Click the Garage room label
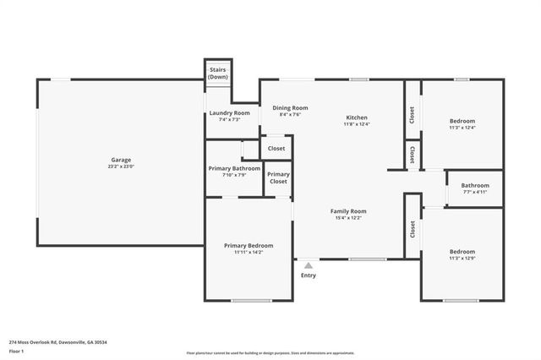click(121, 160)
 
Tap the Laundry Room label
click(230, 112)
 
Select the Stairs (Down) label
click(218, 73)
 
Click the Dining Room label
click(290, 108)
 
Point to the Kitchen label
click(356, 117)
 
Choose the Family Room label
click(347, 211)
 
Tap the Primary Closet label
click(278, 177)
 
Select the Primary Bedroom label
click(249, 246)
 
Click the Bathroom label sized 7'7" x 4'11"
click(475, 186)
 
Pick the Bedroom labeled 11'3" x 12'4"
click(462, 121)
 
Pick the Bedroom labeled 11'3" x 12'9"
click(462, 252)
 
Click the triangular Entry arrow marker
click(308, 265)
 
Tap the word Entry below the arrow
click(309, 275)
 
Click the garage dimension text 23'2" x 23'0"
click(121, 166)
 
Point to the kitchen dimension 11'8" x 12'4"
click(356, 124)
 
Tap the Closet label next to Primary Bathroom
click(276, 148)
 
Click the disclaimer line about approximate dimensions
click(270, 353)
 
